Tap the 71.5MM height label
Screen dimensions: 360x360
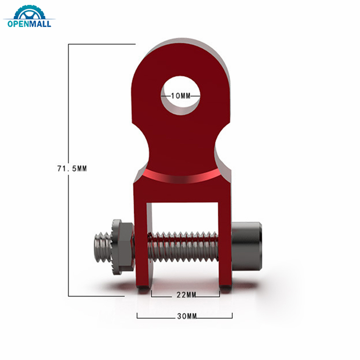72,169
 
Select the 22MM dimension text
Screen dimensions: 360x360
185,295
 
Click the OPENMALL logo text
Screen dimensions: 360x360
30,23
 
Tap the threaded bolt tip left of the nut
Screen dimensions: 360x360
103,249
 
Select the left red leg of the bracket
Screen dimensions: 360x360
141,243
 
